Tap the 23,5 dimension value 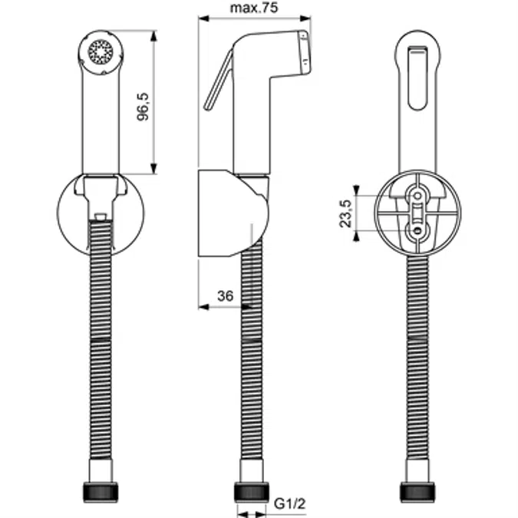click(345, 213)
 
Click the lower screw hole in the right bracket click(416, 229)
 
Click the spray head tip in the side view click(305, 52)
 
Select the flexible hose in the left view click(101, 345)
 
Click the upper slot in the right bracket click(416, 201)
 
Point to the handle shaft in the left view click(101, 123)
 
